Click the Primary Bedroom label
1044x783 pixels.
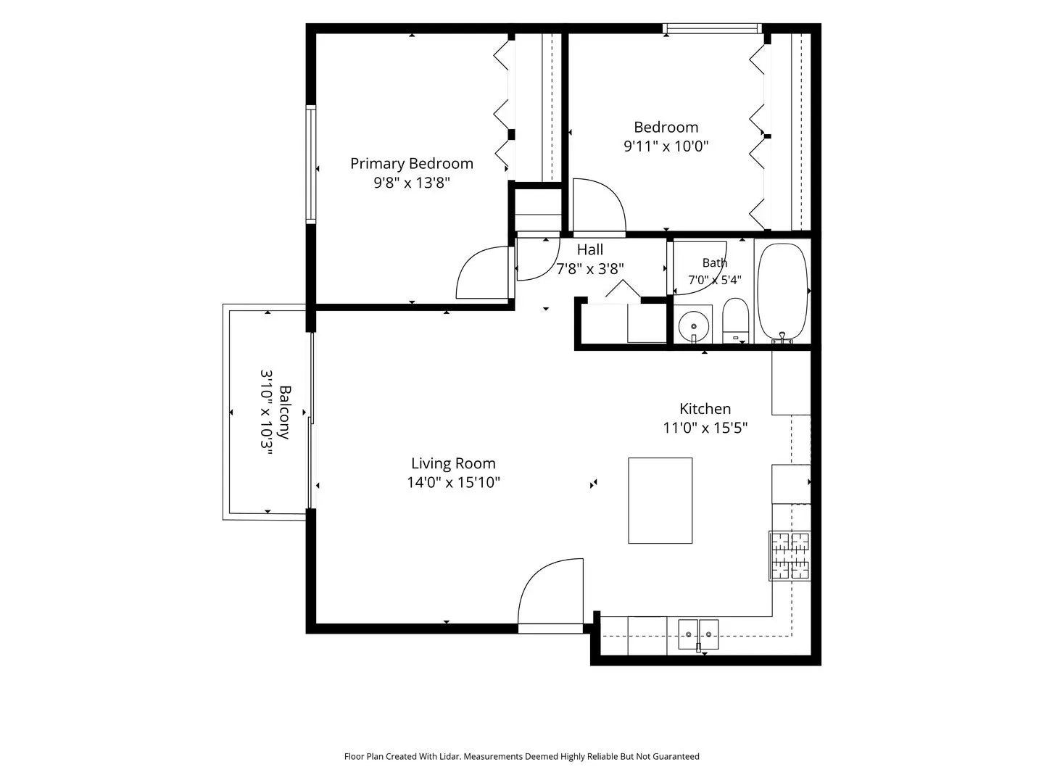[411, 164]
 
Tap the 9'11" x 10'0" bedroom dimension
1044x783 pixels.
[666, 146]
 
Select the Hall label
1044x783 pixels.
[589, 249]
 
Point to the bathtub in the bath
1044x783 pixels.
[782, 293]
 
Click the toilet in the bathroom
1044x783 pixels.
[735, 320]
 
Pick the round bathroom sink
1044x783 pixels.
[694, 326]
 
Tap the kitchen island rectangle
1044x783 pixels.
[660, 500]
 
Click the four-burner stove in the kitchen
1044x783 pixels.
[790, 556]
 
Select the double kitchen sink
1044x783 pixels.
[698, 634]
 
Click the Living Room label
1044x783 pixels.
[453, 463]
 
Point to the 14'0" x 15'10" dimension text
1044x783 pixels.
[453, 483]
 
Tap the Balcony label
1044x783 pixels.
[285, 413]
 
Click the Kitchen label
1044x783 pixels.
[705, 409]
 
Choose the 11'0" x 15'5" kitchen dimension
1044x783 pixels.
[705, 428]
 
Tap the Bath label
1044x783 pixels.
[714, 262]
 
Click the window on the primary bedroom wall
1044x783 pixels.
[310, 164]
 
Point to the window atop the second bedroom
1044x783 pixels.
[713, 28]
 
